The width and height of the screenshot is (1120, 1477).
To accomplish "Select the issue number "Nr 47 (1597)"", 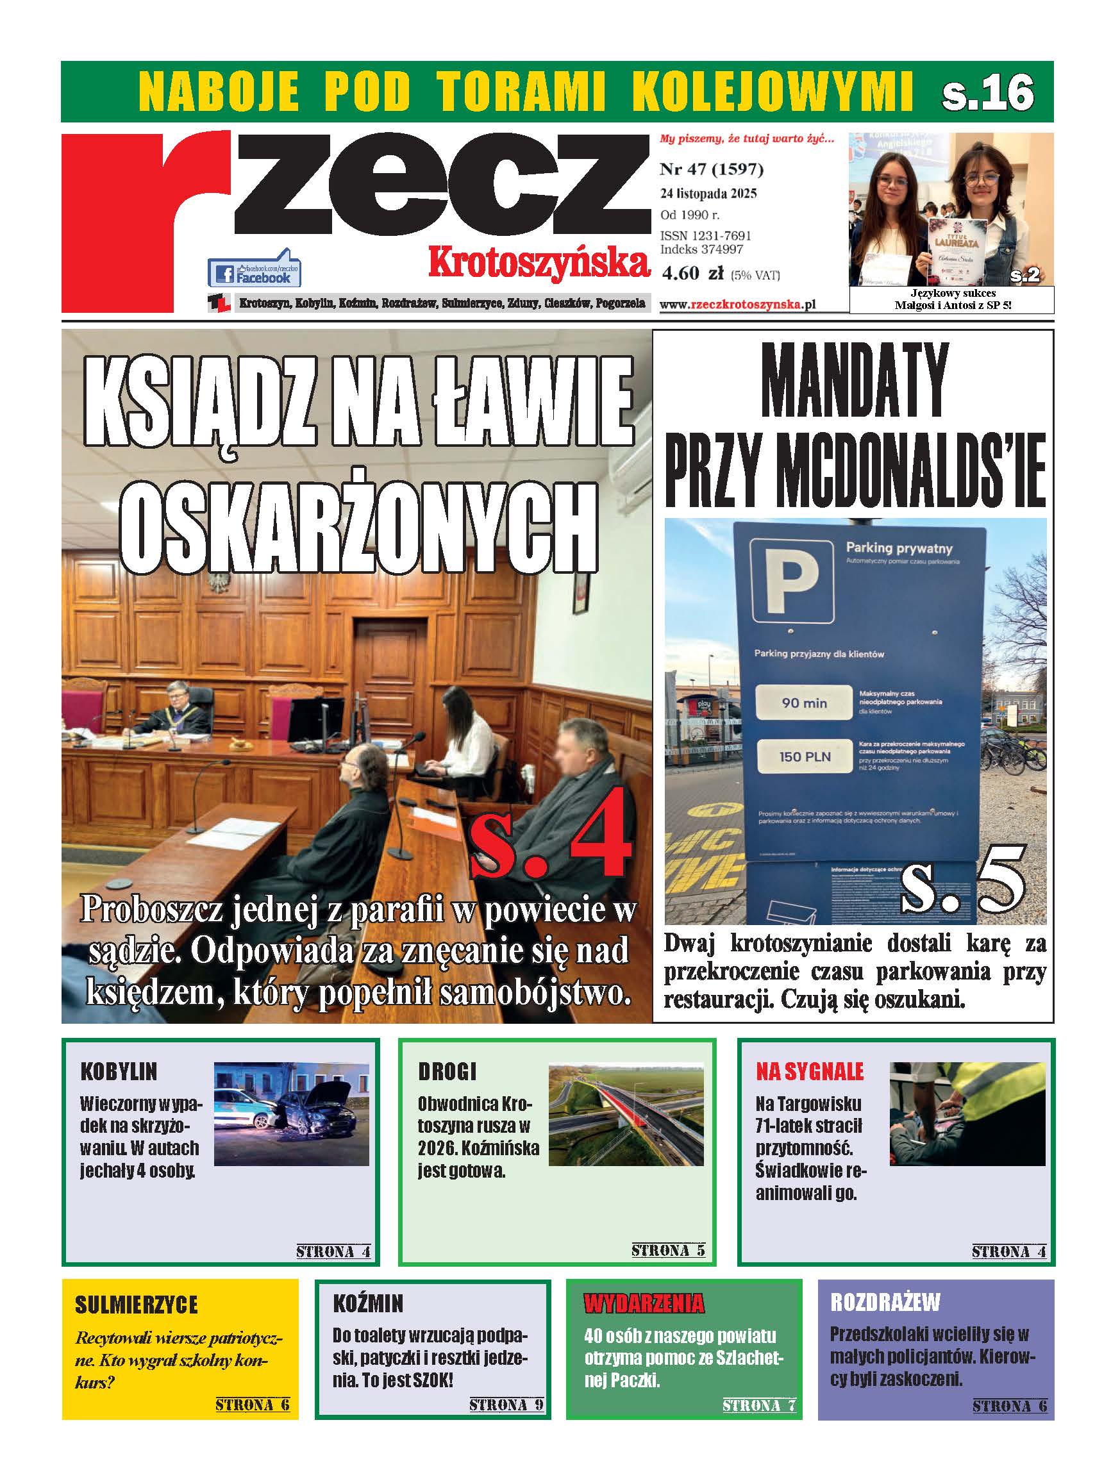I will pos(711,169).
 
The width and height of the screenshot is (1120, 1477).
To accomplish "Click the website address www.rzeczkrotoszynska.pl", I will pos(737,305).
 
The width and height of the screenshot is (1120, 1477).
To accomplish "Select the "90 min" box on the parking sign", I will pos(804,703).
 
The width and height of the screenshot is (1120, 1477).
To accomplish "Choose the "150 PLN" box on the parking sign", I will pos(804,756).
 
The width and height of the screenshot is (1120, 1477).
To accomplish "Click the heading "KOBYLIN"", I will pos(118,1072).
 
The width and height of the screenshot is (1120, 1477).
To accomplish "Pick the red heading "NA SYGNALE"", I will pos(810,1072).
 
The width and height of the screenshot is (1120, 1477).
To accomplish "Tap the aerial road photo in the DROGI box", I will pos(626,1114).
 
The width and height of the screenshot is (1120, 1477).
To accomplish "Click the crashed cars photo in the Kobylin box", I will pos(291,1114).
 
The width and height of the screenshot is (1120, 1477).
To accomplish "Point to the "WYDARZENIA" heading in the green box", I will pos(643,1303).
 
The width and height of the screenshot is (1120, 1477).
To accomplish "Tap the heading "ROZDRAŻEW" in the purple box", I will pos(885,1301).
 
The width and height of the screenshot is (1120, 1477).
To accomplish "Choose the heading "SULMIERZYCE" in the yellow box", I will pos(137,1305).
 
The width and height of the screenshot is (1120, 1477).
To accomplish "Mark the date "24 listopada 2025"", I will pos(708,194).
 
